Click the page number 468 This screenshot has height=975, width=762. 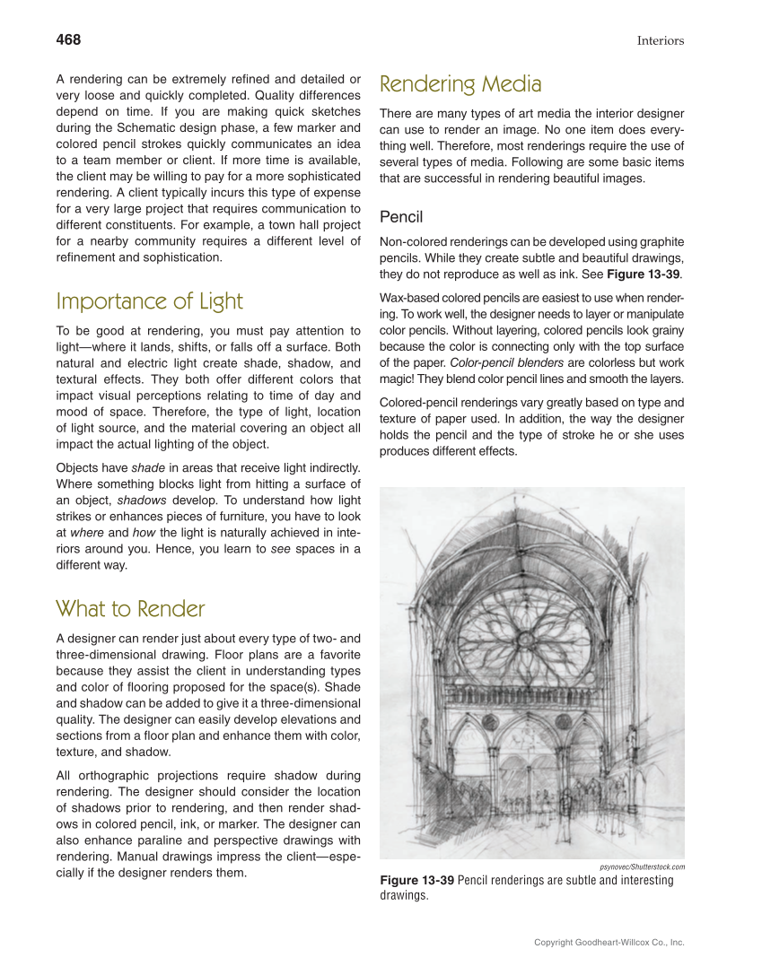(x=68, y=39)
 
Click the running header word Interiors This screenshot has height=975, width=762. (x=661, y=40)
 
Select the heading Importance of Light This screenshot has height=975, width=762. (x=149, y=301)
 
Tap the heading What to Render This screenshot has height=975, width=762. (x=130, y=609)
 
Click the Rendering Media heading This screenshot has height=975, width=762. (x=460, y=85)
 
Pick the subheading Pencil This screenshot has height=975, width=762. (x=401, y=217)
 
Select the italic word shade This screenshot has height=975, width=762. (x=147, y=467)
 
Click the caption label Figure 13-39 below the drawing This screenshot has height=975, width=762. (x=417, y=880)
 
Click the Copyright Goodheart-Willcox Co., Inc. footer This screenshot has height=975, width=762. (x=609, y=943)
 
